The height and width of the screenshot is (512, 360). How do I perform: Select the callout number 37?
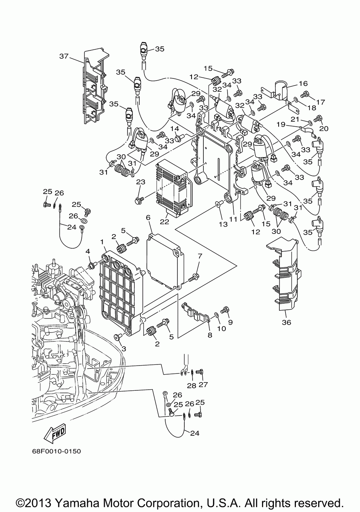tap(64, 56)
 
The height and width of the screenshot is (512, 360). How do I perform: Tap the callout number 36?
tap(287, 322)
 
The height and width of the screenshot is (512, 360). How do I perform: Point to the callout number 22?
tap(165, 222)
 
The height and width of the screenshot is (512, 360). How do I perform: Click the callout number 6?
tap(148, 217)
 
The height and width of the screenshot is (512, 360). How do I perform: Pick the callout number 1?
tap(102, 241)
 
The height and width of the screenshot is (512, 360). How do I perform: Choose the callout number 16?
tap(303, 83)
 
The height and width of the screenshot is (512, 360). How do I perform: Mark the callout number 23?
tap(141, 182)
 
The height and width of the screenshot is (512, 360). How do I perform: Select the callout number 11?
tap(234, 219)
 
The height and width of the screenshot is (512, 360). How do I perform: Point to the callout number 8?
tap(210, 335)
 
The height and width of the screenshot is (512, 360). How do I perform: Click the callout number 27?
tap(203, 385)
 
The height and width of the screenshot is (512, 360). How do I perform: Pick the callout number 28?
tap(192, 386)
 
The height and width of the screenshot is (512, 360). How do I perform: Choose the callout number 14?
tap(175, 129)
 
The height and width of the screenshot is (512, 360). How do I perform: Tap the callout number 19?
tap(281, 124)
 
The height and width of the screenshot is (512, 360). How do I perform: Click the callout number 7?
tap(200, 256)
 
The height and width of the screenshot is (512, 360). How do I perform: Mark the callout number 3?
tap(124, 349)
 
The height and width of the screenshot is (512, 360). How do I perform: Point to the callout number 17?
tap(321, 102)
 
